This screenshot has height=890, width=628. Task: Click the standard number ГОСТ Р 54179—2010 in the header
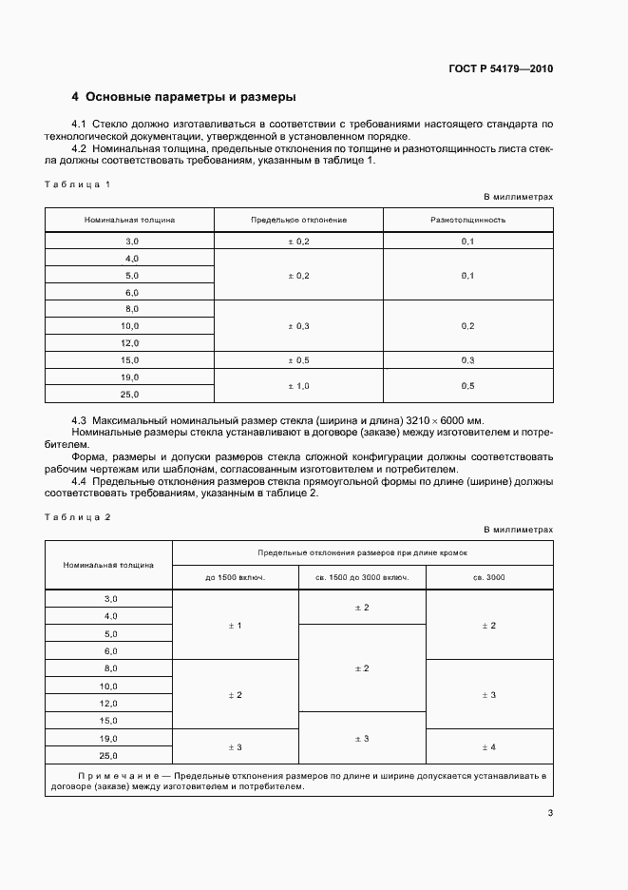point(500,69)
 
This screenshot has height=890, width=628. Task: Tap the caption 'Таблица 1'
point(78,183)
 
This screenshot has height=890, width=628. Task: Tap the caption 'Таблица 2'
point(78,515)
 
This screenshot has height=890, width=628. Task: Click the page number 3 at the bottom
point(550,812)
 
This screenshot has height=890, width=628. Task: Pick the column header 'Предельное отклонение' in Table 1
point(298,220)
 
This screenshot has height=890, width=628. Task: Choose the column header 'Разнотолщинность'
point(467,220)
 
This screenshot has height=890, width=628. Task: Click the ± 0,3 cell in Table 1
point(298,326)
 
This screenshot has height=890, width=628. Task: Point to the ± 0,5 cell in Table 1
point(298,360)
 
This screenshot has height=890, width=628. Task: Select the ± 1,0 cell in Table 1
point(298,386)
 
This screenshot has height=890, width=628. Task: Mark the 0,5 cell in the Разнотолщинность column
point(467,386)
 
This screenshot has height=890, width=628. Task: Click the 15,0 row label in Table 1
point(130,360)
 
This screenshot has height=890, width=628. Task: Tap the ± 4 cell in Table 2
point(488,747)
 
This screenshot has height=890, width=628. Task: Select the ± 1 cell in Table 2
point(236,625)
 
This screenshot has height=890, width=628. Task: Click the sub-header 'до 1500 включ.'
point(236,577)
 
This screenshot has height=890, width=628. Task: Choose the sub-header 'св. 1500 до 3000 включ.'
point(362,577)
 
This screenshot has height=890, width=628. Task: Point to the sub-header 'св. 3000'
point(488,577)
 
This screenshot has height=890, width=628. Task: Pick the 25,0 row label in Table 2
point(109,756)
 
